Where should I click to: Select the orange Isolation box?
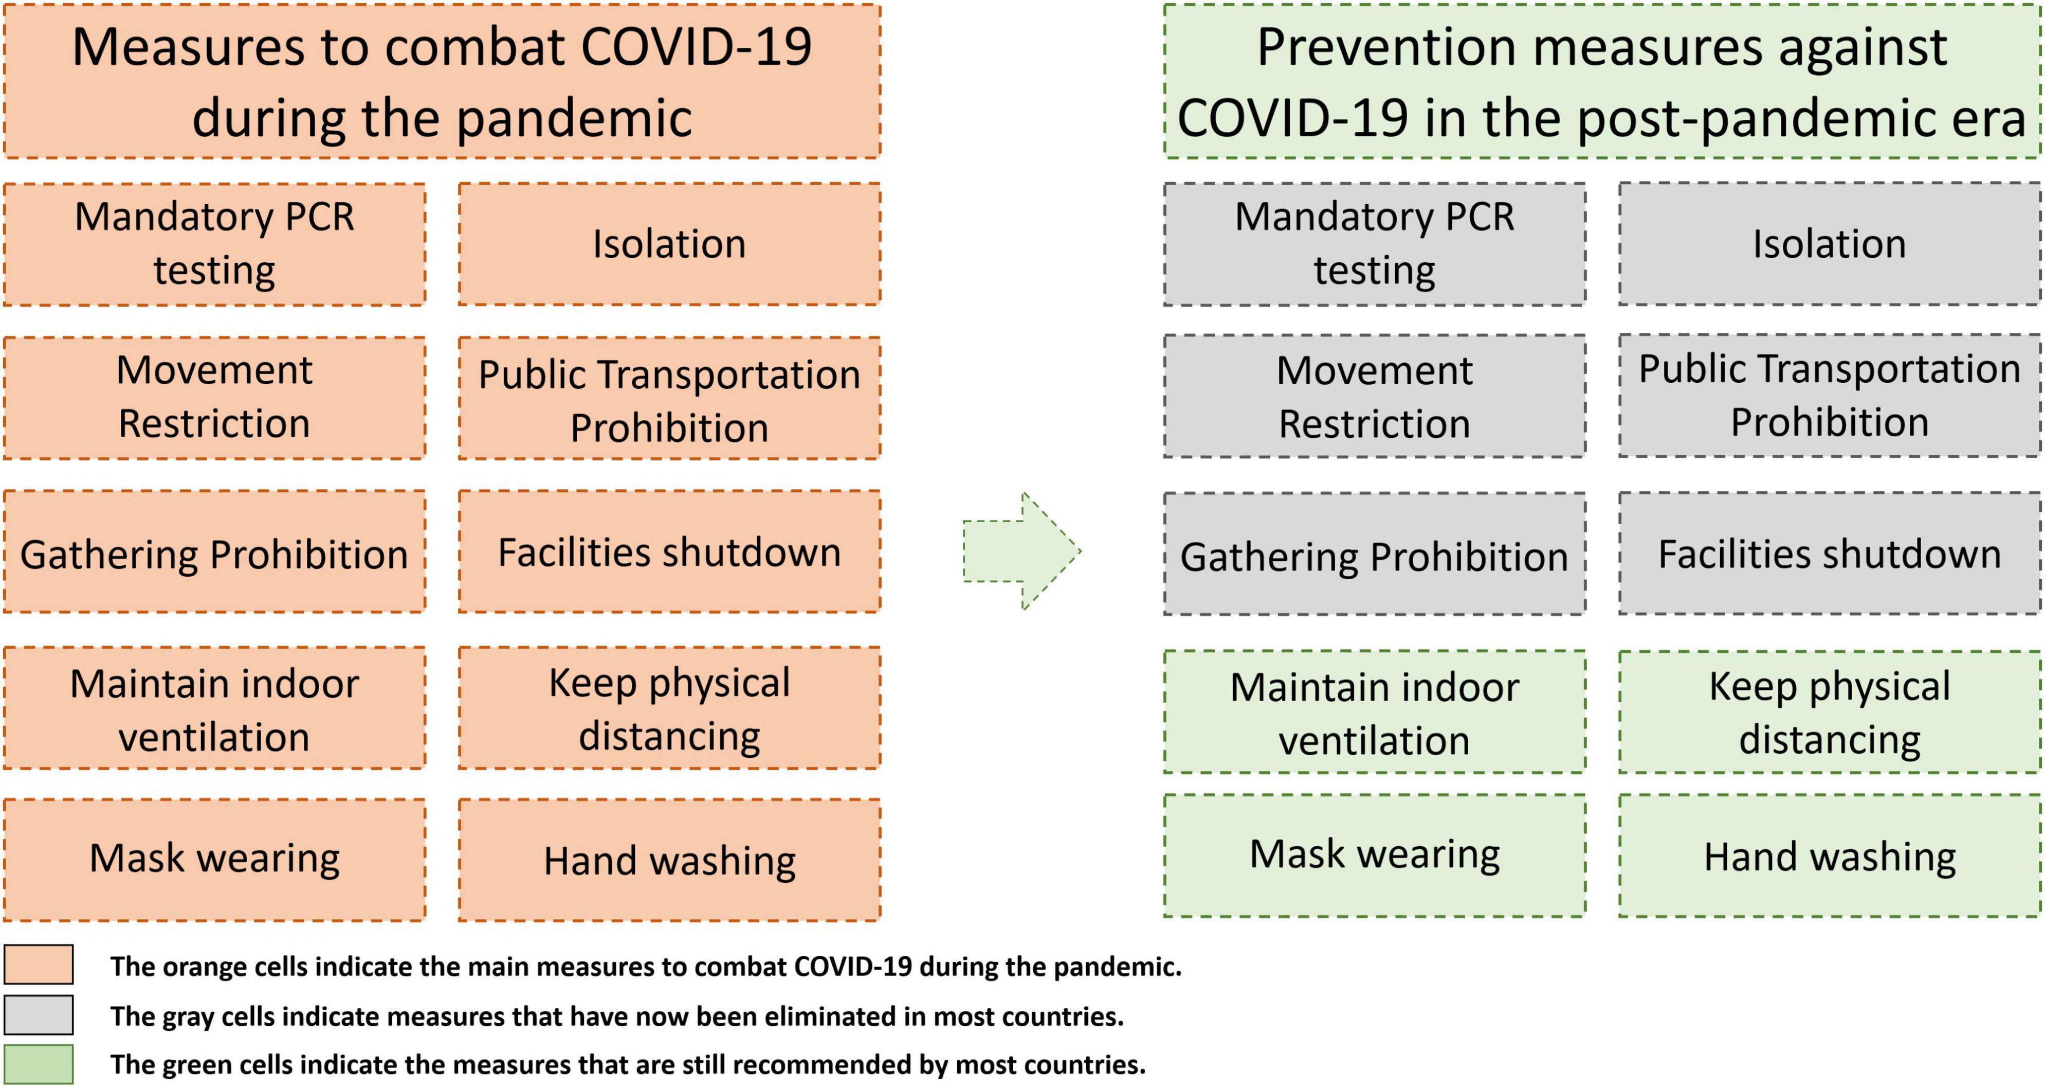click(x=669, y=244)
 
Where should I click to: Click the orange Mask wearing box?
click(x=214, y=859)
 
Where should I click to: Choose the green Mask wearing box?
click(x=1375, y=855)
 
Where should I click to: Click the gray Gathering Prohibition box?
click(x=1375, y=554)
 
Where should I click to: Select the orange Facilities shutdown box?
click(x=669, y=551)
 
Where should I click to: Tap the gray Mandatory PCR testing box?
click(x=1375, y=244)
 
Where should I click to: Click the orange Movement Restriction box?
click(x=214, y=398)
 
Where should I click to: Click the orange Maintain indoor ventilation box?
click(x=214, y=708)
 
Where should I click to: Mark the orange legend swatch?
click(x=38, y=964)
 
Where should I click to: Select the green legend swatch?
click(x=38, y=1064)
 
